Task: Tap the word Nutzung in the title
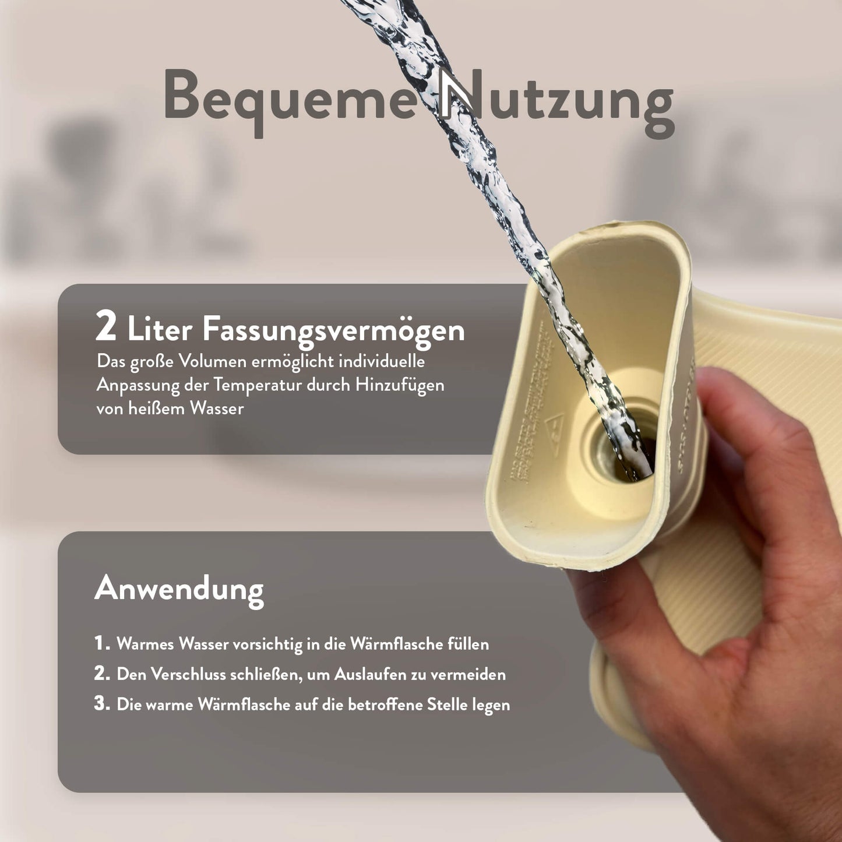(x=556, y=99)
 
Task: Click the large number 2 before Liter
(x=106, y=327)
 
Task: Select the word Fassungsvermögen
(x=333, y=330)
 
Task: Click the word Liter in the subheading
(x=160, y=330)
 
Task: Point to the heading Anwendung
(x=179, y=589)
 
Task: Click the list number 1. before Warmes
(x=103, y=644)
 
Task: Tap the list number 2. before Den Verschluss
(x=103, y=674)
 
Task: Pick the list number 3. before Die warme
(x=103, y=704)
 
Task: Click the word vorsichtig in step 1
(x=269, y=644)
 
